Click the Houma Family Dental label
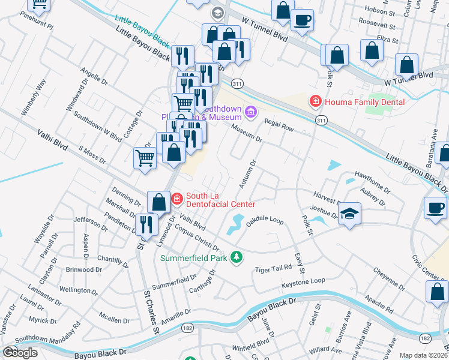point(365,102)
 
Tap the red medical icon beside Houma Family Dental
point(315,102)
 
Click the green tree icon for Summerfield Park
point(237,257)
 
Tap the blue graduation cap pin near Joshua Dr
point(349,214)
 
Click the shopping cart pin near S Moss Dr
point(145,158)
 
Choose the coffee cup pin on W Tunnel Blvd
point(302,20)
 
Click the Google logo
point(19,352)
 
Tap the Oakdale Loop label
point(265,220)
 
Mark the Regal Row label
point(279,124)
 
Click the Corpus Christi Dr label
point(197,238)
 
